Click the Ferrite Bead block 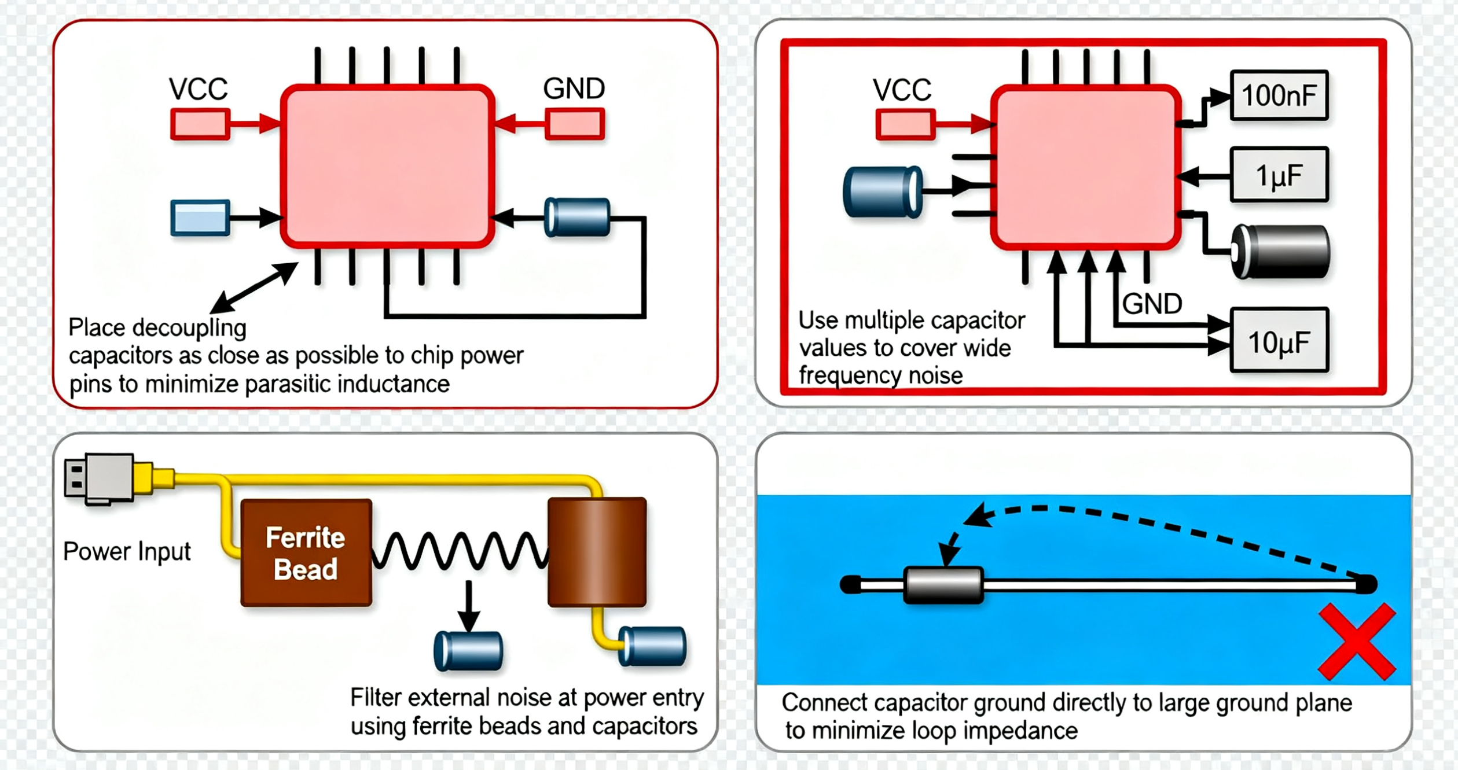coord(306,553)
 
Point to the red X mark coord(1357,641)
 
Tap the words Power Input coord(127,551)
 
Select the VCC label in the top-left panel coord(198,89)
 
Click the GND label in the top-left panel coord(574,89)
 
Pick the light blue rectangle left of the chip coord(200,218)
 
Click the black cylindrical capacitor coord(1280,252)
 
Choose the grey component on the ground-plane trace coord(943,585)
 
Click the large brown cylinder coord(597,552)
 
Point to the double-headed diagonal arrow coord(254,288)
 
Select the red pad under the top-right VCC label coord(905,125)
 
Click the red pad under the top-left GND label coord(575,124)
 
